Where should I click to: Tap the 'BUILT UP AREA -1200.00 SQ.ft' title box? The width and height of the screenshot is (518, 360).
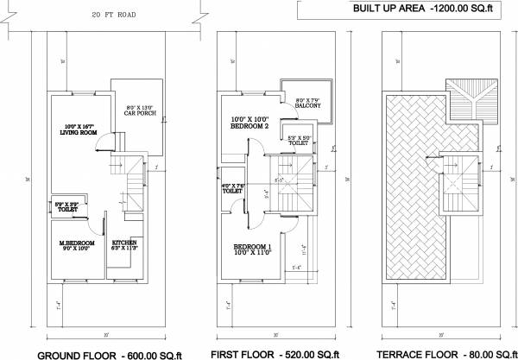click(405, 9)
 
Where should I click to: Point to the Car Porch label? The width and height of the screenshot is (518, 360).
click(139, 110)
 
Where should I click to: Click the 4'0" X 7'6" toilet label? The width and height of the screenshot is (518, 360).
click(234, 188)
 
